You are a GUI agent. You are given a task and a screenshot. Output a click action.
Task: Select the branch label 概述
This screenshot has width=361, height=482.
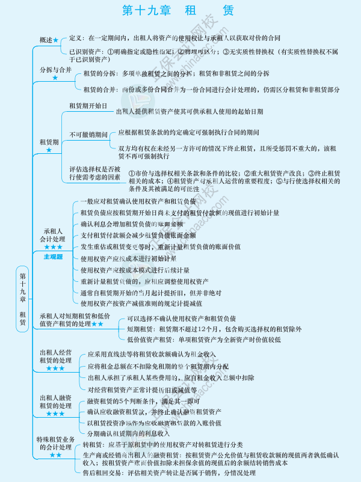point(46,40)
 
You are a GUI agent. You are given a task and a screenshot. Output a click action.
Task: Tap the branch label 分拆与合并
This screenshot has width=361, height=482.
point(55,70)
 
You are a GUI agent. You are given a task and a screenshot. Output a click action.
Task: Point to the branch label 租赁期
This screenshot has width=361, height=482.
point(49,142)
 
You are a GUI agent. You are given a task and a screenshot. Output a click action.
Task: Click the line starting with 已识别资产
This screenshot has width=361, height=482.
point(205,52)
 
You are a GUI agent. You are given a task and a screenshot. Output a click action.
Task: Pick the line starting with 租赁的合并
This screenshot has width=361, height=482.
point(211,90)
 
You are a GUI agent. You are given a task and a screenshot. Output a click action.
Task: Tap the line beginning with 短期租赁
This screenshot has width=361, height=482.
point(214,329)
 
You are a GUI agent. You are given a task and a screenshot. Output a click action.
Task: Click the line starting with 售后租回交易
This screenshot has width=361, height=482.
point(169,473)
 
